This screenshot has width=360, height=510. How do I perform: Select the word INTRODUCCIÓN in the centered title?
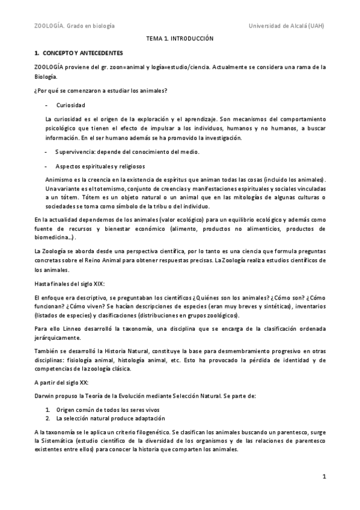[x=192, y=38]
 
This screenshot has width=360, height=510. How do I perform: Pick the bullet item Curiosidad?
[x=69, y=105]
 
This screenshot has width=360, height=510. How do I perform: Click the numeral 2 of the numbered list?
[x=47, y=418]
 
